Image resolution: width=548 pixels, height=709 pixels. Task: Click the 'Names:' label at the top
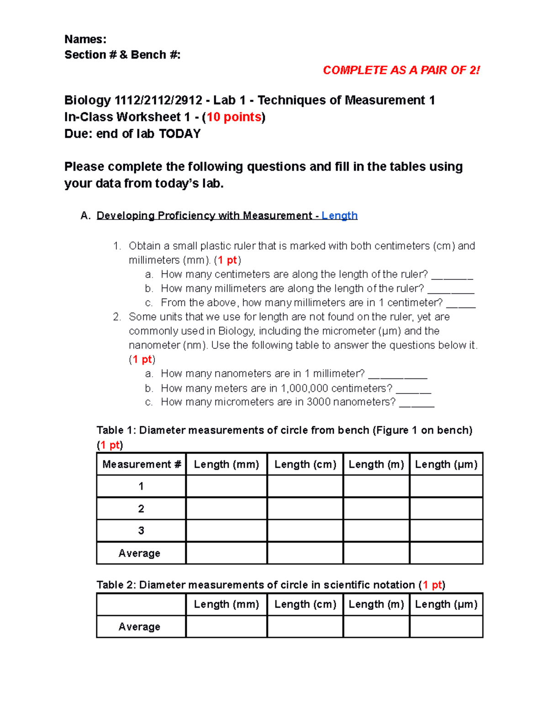(85, 39)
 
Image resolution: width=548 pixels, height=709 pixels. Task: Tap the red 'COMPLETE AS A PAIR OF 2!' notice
(401, 70)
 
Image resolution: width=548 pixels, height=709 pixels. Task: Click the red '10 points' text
(234, 117)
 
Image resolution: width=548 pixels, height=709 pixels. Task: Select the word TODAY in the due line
(179, 134)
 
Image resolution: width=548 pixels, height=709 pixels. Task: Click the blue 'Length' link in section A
(339, 215)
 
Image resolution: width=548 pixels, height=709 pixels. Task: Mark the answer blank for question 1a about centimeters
(452, 275)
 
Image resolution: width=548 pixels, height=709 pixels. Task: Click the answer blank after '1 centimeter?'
(461, 304)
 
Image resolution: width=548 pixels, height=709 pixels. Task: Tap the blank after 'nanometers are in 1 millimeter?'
(397, 375)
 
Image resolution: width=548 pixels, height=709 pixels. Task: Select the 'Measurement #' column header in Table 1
(142, 464)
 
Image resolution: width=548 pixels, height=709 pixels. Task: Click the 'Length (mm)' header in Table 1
(227, 464)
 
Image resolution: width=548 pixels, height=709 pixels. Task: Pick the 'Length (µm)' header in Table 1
(446, 464)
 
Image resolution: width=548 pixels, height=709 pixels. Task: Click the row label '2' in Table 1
(141, 509)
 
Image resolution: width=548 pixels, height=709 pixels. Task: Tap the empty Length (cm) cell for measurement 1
(305, 486)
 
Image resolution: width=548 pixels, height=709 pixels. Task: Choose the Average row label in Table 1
(139, 553)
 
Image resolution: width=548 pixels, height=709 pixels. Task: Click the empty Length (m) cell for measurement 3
(376, 530)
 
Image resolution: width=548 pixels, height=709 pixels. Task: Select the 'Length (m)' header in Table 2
(376, 604)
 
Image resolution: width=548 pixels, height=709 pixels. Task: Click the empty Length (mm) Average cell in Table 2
(227, 626)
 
